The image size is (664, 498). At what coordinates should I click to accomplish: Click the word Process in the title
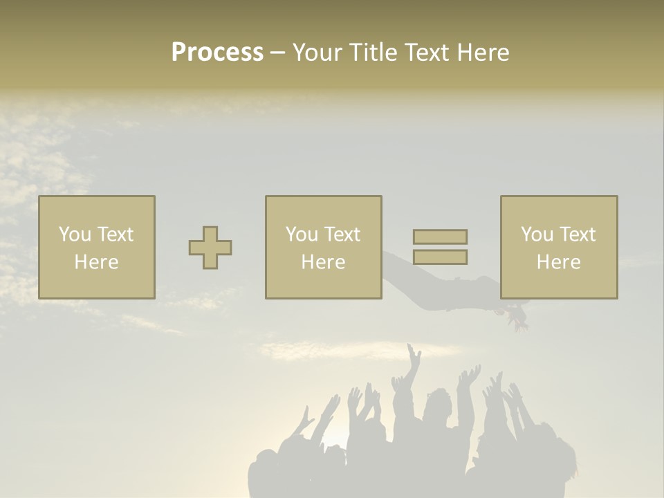(x=217, y=53)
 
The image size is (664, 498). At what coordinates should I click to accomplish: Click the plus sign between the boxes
(x=210, y=248)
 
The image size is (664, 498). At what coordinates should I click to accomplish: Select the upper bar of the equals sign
(x=440, y=237)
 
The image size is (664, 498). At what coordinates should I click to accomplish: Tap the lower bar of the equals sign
(x=440, y=257)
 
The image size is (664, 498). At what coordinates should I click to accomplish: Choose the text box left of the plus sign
(x=97, y=247)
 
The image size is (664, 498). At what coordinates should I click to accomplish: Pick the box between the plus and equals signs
(x=323, y=247)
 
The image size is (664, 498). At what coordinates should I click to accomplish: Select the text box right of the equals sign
(x=559, y=247)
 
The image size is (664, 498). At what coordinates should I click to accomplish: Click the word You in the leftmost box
(x=74, y=234)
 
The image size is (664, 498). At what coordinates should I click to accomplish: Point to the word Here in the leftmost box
(x=97, y=262)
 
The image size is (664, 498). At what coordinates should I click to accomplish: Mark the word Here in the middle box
(x=323, y=262)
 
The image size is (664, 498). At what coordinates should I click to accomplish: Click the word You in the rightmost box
(x=537, y=234)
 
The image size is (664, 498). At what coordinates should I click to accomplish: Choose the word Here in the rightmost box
(x=559, y=262)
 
